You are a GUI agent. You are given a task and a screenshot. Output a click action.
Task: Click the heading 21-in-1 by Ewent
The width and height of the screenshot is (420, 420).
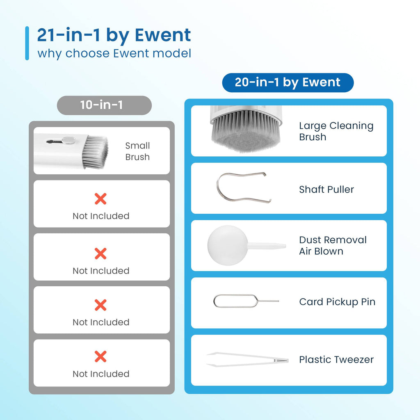114,35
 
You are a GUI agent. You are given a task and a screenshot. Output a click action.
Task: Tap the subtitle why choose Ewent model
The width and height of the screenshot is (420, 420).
114,53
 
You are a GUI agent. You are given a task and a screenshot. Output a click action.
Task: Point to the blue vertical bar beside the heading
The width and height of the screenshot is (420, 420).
27,43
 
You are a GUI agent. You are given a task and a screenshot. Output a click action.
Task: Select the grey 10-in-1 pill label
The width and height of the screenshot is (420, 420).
104,105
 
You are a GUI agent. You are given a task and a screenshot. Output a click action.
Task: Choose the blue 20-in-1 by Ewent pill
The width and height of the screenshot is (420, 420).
288,82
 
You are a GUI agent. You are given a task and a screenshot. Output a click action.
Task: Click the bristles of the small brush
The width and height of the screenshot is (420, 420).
95,151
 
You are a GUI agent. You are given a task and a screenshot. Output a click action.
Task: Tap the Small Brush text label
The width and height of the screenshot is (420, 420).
137,151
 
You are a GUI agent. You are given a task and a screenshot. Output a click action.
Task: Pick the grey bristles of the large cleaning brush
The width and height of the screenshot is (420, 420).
246,132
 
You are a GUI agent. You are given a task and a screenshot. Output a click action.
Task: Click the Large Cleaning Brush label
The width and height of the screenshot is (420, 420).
336,131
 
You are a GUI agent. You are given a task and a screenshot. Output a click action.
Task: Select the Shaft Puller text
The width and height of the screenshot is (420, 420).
326,189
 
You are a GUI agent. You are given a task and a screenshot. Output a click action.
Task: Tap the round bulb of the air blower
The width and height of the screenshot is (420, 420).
228,245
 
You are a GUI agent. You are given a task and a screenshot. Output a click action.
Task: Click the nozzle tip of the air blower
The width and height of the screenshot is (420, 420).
285,246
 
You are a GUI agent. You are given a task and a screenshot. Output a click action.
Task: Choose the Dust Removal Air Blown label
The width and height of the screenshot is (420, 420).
333,245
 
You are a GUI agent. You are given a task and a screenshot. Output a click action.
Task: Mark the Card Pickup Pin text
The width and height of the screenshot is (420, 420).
337,302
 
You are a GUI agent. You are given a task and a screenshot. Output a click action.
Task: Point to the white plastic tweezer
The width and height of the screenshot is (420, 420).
247,359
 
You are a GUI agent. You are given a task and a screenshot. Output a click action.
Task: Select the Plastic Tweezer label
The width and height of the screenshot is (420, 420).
336,359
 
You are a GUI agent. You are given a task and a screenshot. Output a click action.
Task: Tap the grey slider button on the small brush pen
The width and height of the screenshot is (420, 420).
68,140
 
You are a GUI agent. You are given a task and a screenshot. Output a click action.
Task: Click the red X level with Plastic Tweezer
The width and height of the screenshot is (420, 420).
100,356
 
